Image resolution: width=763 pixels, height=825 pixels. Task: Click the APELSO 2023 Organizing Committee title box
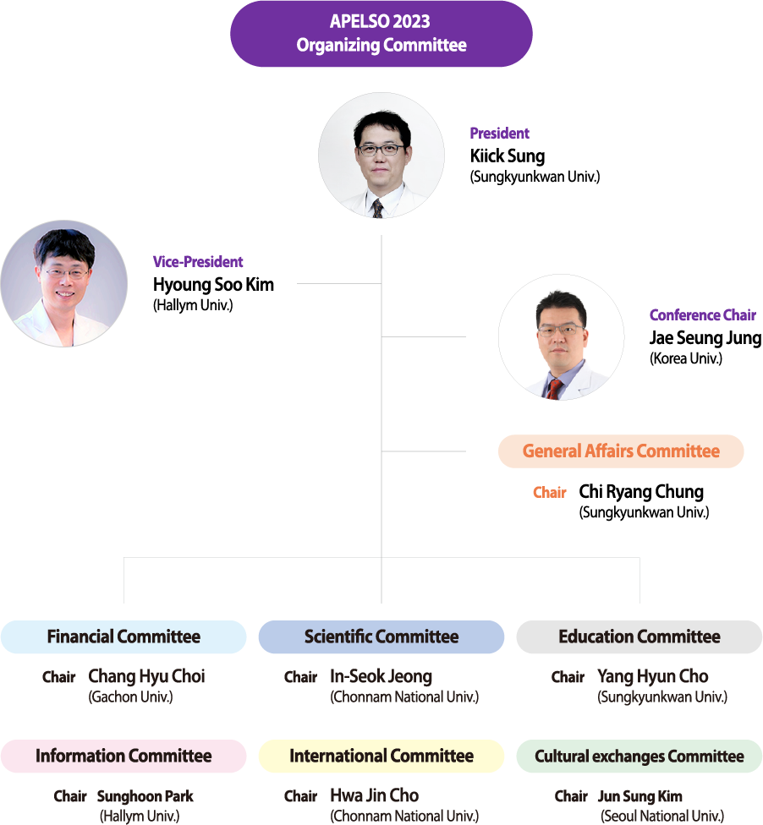381,34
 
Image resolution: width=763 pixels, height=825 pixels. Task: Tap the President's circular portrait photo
381,156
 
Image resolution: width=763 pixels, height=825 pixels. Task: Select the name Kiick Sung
508,156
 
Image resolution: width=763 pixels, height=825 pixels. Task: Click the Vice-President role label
198,262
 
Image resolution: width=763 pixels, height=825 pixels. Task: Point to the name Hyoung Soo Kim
213,285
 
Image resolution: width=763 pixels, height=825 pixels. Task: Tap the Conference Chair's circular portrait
561,336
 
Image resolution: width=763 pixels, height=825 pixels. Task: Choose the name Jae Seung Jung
705,338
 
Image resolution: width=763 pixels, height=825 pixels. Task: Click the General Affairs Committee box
621,451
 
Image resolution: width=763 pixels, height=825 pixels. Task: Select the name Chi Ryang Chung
641,492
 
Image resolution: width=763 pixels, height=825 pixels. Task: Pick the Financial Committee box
124,637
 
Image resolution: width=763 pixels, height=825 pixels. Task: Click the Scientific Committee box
381,637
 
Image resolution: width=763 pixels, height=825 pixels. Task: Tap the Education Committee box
639,637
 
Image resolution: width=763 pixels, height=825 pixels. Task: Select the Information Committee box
124,757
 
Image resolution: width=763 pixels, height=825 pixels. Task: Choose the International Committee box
381,757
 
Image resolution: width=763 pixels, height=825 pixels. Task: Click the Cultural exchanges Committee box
639,757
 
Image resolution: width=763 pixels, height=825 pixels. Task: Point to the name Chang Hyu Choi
146,677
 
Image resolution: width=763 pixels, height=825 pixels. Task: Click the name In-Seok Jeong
381,677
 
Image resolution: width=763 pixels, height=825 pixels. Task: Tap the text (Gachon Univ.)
130,697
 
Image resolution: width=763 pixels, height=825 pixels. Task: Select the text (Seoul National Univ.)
662,817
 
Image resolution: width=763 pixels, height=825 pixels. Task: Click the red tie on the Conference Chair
555,388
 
